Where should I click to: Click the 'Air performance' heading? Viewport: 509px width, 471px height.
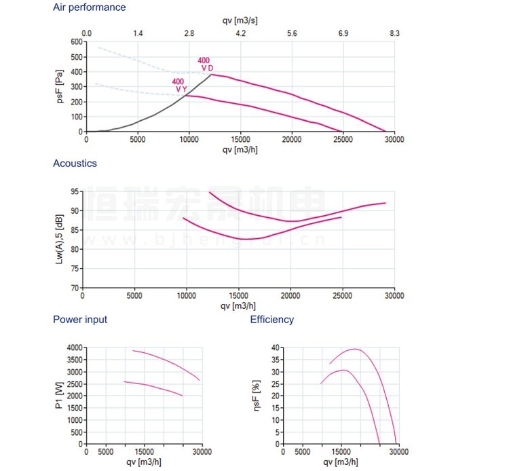pyautogui.click(x=89, y=7)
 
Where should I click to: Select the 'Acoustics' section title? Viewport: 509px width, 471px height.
pyautogui.click(x=75, y=164)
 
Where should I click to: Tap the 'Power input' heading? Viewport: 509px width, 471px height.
pyautogui.click(x=80, y=320)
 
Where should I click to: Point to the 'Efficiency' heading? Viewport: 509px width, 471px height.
pyautogui.click(x=272, y=320)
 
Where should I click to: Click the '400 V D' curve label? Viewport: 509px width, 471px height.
pyautogui.click(x=204, y=64)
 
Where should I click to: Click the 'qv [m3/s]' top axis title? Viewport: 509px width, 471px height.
pyautogui.click(x=240, y=20)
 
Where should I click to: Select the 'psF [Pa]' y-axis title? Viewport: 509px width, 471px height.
pyautogui.click(x=60, y=86)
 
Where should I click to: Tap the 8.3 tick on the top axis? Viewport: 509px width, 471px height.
pyautogui.click(x=394, y=33)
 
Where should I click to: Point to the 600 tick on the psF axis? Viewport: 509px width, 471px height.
pyautogui.click(x=75, y=41)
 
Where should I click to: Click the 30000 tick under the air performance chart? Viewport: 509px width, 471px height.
pyautogui.click(x=394, y=140)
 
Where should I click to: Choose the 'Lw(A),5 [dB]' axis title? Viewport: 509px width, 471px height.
pyautogui.click(x=60, y=239)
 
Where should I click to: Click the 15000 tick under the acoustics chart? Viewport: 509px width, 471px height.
pyautogui.click(x=238, y=296)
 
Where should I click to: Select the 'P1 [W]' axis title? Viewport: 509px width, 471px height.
pyautogui.click(x=60, y=395)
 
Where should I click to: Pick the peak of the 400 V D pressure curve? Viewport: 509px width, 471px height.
pyautogui.click(x=212, y=74)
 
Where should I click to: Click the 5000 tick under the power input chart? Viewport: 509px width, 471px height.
pyautogui.click(x=105, y=452)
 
